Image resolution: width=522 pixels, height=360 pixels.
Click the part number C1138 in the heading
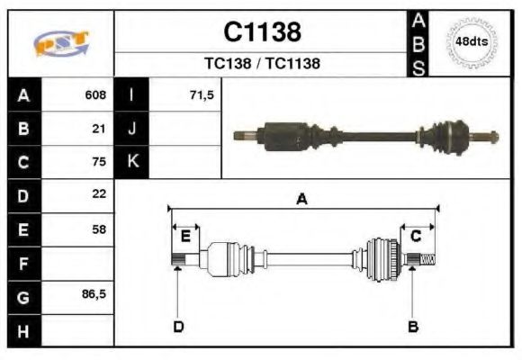click(x=262, y=32)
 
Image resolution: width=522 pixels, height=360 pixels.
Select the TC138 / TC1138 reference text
click(x=262, y=64)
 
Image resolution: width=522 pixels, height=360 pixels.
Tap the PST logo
click(x=60, y=44)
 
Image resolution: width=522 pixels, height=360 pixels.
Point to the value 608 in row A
click(x=95, y=94)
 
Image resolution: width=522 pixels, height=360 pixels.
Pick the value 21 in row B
click(x=99, y=129)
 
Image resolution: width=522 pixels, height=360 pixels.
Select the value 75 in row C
click(x=99, y=163)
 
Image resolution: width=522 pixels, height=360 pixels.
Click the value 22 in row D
click(x=99, y=194)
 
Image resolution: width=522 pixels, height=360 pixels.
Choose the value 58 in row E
click(x=99, y=229)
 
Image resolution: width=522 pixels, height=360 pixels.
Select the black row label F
click(x=23, y=263)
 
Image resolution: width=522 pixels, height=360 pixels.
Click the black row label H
click(x=23, y=330)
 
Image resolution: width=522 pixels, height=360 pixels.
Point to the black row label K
click(x=132, y=163)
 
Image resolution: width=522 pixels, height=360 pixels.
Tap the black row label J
click(x=132, y=129)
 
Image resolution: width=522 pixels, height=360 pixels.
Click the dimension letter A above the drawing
click(x=302, y=200)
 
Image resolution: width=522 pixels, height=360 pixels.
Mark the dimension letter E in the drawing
click(x=185, y=237)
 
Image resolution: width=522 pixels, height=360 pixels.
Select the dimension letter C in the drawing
click(x=416, y=236)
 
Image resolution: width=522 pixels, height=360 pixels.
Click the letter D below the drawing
click(x=178, y=326)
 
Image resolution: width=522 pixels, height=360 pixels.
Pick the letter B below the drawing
click(x=412, y=326)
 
